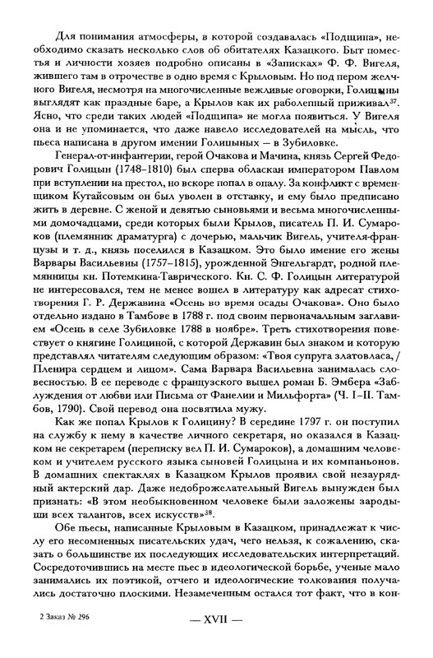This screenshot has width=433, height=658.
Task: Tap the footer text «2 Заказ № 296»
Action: pos(63,638)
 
